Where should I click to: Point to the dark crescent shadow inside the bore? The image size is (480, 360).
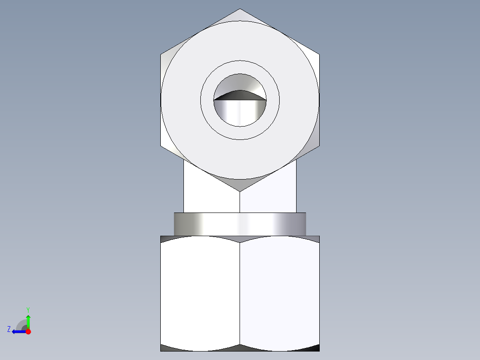tap(240, 94)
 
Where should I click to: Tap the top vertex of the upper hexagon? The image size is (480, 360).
tap(240, 9)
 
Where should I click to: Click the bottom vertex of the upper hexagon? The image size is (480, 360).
tap(240, 191)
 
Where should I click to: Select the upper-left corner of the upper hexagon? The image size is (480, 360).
tap(161, 55)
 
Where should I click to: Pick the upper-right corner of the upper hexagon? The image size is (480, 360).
tap(319, 55)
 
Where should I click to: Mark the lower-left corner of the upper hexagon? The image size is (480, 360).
tap(161, 146)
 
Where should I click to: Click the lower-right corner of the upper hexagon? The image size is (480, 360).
tap(319, 146)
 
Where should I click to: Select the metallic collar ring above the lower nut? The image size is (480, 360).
tap(240, 224)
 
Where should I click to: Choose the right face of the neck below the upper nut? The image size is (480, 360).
tap(272, 196)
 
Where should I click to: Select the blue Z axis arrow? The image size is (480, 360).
tap(18, 331)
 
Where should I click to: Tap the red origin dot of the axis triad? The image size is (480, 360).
tap(28, 331)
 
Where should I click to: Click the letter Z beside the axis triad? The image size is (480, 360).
tap(9, 329)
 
